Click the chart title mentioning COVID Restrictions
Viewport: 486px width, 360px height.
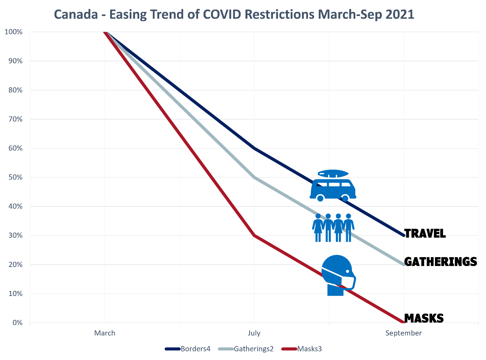234,14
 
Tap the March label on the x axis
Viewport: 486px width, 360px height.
104,333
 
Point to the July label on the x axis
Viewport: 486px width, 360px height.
254,333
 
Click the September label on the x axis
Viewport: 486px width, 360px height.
403,333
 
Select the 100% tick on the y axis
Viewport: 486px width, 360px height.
14,32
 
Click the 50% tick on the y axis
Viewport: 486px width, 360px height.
15,177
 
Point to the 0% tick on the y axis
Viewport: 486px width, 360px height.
17,323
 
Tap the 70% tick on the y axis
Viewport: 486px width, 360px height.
15,119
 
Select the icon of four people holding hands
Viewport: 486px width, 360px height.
333,228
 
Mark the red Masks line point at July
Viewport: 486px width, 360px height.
254,235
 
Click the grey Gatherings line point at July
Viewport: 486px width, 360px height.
254,177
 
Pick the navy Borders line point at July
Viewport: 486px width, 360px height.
254,148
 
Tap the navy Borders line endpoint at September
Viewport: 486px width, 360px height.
404,235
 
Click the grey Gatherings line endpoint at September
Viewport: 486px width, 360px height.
404,265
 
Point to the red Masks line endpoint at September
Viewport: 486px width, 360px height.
404,322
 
